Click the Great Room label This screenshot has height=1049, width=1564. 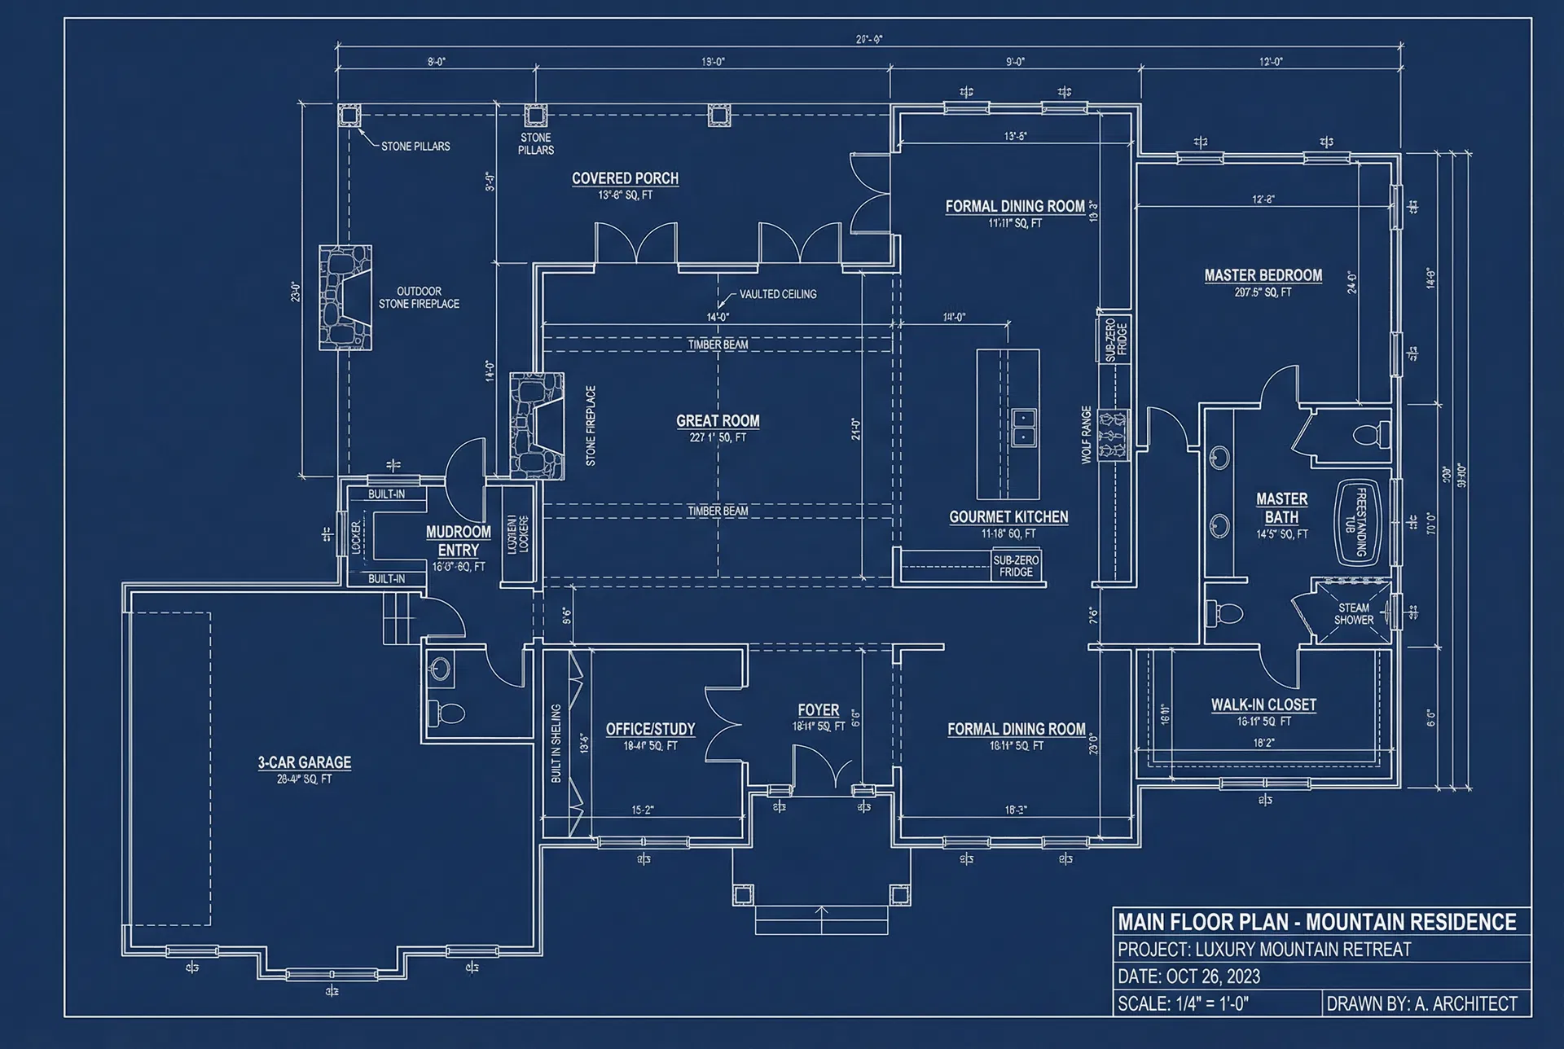718,421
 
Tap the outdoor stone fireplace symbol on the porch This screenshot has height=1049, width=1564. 345,298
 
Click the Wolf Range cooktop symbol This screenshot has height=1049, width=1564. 1113,435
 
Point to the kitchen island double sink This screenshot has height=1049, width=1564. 1023,428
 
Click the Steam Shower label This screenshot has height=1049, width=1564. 1353,614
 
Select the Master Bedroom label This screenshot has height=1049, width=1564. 1263,275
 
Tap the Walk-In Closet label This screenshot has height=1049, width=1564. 1263,704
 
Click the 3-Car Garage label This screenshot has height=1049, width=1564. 305,762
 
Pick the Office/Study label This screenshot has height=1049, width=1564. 650,729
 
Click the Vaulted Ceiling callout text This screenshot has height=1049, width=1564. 777,294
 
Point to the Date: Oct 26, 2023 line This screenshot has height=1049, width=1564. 1188,977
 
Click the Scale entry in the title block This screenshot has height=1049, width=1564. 1183,1003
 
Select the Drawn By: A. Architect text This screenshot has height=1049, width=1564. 1421,1003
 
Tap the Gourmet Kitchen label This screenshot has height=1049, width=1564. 1008,517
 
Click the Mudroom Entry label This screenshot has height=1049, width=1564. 458,541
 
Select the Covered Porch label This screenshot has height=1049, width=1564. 625,178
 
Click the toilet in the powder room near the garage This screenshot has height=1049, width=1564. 446,713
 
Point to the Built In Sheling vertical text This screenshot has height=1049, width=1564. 556,743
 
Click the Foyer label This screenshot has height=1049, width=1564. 818,710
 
